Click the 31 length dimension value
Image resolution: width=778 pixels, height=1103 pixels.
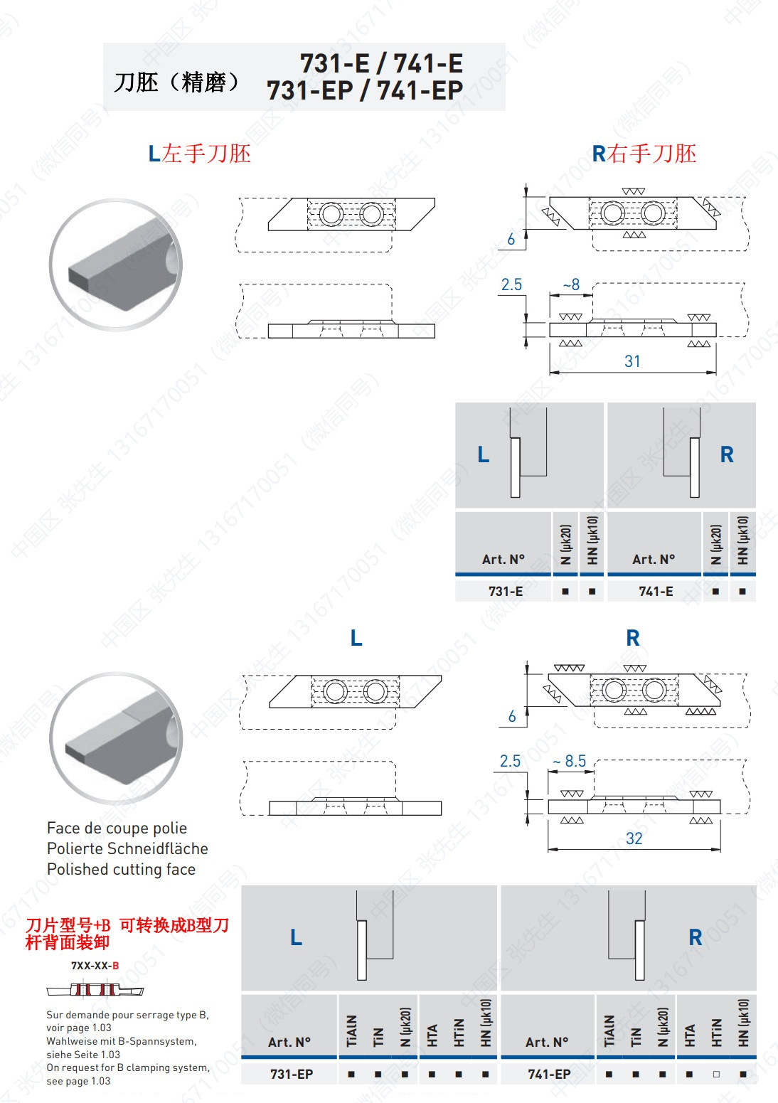632,361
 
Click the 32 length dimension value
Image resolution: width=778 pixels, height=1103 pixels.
634,838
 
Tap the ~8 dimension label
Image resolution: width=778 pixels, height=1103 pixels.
571,284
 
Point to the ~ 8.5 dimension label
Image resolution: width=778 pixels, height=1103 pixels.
570,761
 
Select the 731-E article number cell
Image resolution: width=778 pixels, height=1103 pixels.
505,591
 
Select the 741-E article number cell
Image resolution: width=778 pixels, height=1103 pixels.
655,591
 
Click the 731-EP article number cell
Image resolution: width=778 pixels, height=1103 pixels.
291,1074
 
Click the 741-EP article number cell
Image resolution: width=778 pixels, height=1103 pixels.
548,1074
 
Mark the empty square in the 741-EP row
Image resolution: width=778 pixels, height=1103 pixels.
716,1075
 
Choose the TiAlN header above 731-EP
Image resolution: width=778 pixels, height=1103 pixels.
351,1030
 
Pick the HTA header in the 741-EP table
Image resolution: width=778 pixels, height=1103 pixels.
689,1035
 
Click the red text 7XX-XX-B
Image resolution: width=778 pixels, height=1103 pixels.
95,966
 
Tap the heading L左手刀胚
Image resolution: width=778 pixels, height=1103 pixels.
199,154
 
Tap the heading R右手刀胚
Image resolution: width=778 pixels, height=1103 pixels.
644,154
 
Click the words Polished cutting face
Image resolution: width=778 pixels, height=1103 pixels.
121,869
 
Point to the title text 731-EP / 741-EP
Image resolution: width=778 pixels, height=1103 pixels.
364,91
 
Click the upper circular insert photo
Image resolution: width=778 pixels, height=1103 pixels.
116,265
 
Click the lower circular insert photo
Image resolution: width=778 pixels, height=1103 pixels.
116,738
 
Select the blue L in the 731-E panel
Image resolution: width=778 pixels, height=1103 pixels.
484,454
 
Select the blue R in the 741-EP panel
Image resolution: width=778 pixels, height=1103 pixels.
695,937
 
